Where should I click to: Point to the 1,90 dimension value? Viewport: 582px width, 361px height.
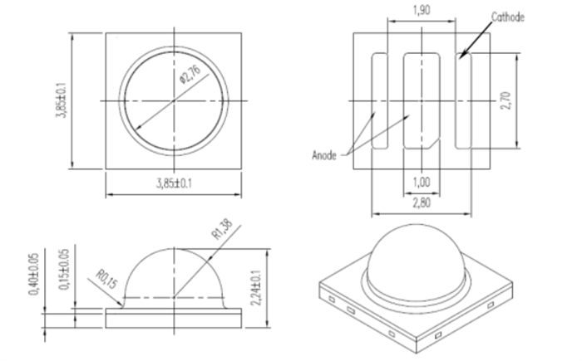coord(421,11)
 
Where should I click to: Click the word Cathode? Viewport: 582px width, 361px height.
coord(507,17)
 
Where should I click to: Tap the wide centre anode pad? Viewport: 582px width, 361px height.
coord(421,100)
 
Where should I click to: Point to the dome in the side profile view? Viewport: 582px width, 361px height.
coord(175,274)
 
